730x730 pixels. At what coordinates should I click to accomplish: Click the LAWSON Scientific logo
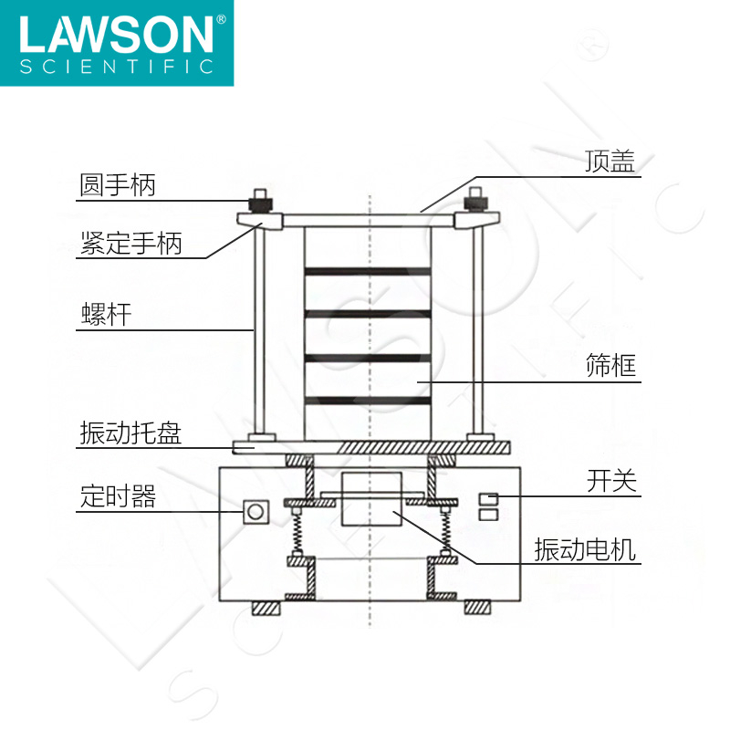(x=117, y=43)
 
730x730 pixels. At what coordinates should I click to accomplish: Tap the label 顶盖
(x=609, y=162)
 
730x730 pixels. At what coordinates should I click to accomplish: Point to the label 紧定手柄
(x=130, y=244)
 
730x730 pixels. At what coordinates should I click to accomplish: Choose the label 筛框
(x=610, y=366)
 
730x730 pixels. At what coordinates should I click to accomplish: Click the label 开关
(x=610, y=482)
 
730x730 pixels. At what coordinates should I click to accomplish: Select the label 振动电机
(x=585, y=550)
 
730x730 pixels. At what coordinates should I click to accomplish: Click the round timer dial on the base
(x=255, y=511)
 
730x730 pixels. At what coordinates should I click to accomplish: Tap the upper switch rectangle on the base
(x=489, y=498)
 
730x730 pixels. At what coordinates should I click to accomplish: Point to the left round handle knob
(x=260, y=200)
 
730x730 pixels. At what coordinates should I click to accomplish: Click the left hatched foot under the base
(x=266, y=608)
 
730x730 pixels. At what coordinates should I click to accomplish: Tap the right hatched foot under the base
(x=477, y=608)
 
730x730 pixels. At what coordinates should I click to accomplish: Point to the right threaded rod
(x=474, y=328)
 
